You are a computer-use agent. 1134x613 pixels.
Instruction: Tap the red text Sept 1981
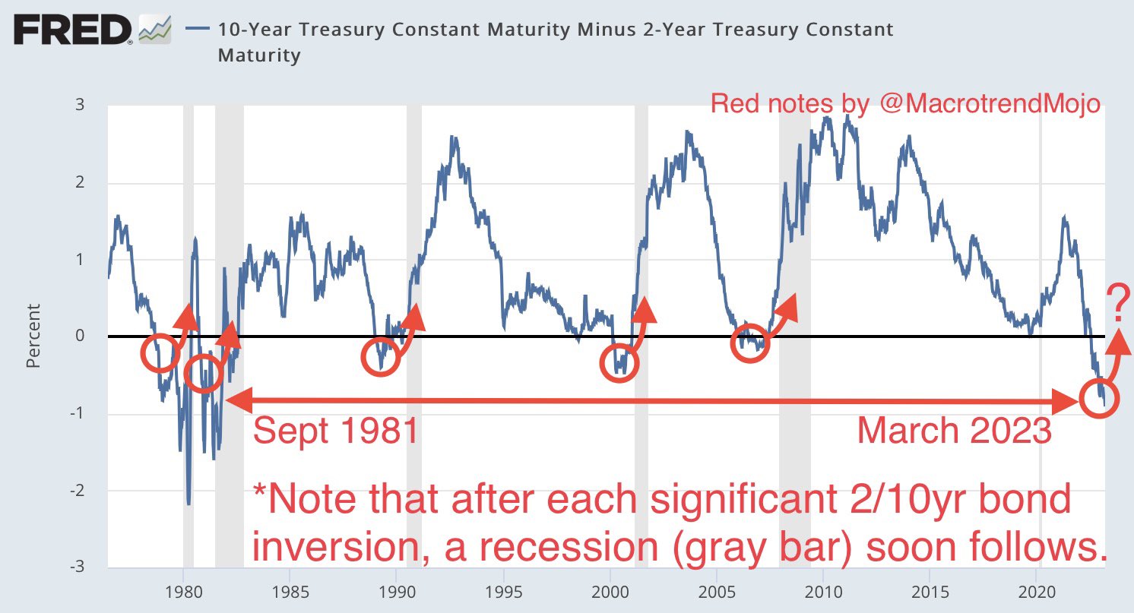click(x=335, y=432)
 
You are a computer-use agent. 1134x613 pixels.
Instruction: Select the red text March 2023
click(x=954, y=431)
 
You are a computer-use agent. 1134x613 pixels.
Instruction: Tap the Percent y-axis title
click(x=33, y=336)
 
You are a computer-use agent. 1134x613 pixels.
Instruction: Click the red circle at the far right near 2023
click(x=1099, y=397)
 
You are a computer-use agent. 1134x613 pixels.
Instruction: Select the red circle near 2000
click(x=619, y=362)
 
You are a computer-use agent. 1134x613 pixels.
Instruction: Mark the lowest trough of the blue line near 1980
click(x=188, y=504)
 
